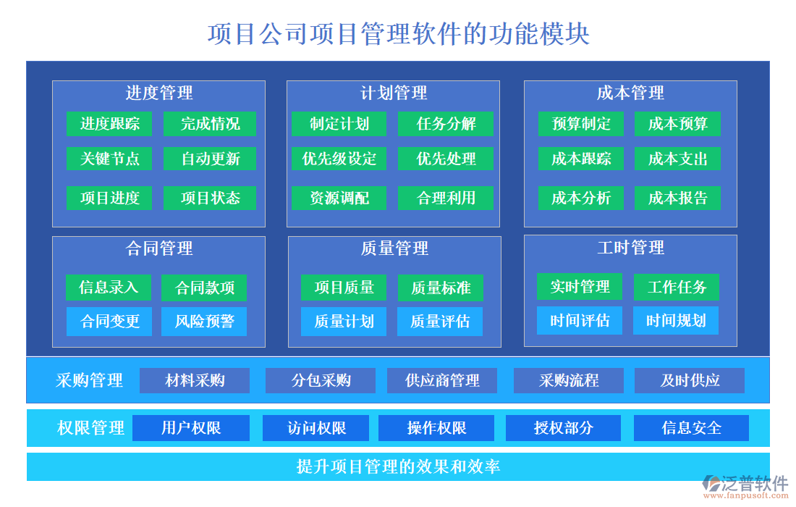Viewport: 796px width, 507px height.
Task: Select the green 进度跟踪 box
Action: (109, 124)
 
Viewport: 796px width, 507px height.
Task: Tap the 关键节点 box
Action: (109, 159)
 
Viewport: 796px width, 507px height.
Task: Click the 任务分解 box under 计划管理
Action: (446, 124)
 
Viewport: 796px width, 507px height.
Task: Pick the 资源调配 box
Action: (339, 198)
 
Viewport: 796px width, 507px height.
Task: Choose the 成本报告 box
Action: (677, 198)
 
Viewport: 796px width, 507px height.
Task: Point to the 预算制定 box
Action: (580, 124)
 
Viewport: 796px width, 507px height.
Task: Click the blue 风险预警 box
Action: (204, 322)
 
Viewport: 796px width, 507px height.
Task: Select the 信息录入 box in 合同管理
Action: (108, 288)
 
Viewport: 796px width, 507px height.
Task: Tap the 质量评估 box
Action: (440, 322)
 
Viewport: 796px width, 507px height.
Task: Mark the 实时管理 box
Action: (580, 287)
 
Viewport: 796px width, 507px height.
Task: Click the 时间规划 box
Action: (676, 321)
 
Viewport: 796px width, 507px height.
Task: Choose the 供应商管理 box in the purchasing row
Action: (442, 380)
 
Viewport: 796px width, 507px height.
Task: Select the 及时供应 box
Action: (690, 380)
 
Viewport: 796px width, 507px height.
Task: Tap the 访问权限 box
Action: (316, 428)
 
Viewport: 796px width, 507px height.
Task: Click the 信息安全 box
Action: (691, 428)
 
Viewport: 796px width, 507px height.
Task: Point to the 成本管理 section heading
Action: (630, 93)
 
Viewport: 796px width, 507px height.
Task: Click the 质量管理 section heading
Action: (394, 248)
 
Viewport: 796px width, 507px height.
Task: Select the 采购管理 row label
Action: (89, 380)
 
